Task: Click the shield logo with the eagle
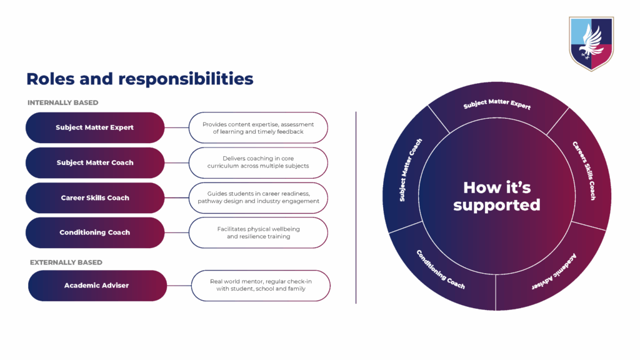(591, 43)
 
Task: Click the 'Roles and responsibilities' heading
(139, 79)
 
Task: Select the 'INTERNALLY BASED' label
(62, 102)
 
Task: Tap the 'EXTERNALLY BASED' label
(66, 262)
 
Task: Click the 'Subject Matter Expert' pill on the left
(95, 127)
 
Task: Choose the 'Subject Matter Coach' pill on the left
(95, 162)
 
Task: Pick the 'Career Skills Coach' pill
(95, 197)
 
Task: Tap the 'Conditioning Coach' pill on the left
(95, 232)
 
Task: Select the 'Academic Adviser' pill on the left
(97, 286)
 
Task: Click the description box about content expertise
(258, 127)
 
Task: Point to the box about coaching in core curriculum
(258, 162)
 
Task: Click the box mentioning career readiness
(258, 197)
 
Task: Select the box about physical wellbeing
(258, 232)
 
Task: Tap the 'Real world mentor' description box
(261, 286)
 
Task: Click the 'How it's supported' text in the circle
(497, 196)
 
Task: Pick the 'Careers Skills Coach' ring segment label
(584, 171)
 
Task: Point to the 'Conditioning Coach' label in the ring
(441, 269)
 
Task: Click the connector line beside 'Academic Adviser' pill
(179, 286)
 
